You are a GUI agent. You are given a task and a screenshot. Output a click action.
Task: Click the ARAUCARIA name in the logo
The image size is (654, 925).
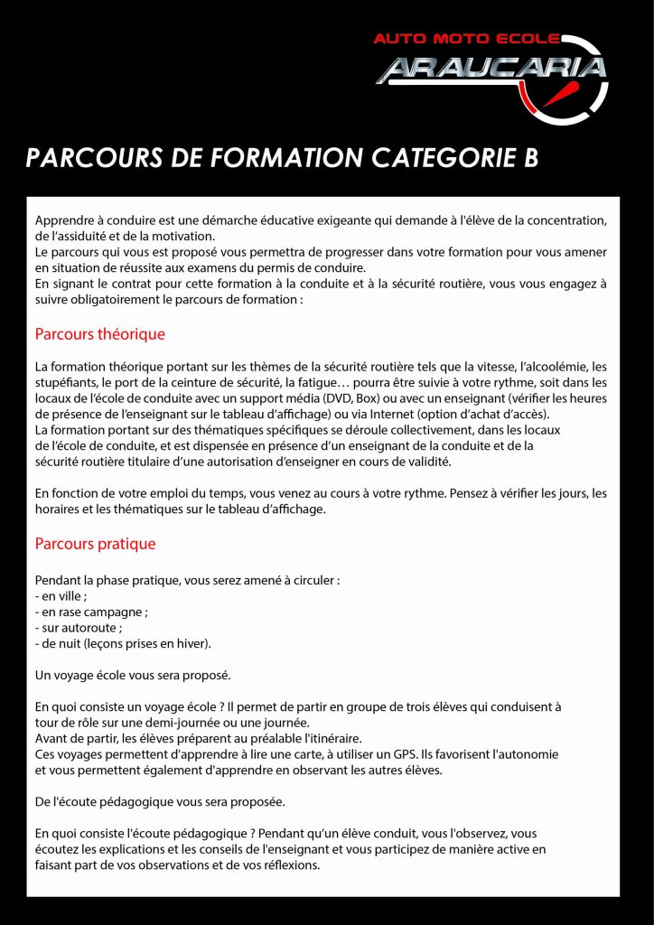(490, 70)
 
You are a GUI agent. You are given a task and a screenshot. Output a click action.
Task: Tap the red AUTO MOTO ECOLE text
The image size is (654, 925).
(466, 40)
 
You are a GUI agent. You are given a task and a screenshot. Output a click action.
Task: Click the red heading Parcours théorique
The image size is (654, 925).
(99, 334)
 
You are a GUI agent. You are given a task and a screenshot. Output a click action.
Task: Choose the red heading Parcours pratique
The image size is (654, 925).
(95, 544)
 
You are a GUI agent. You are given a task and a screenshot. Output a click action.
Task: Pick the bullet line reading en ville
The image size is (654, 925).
(61, 596)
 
